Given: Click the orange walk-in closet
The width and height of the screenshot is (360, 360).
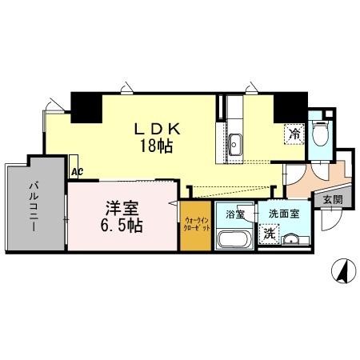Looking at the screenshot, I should pyautogui.click(x=196, y=226).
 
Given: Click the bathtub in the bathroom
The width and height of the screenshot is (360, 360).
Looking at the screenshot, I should pyautogui.click(x=235, y=240).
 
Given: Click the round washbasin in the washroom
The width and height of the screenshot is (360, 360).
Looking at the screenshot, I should pyautogui.click(x=291, y=240).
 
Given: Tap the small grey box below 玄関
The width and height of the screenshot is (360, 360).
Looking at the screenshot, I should pyautogui.click(x=330, y=213).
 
